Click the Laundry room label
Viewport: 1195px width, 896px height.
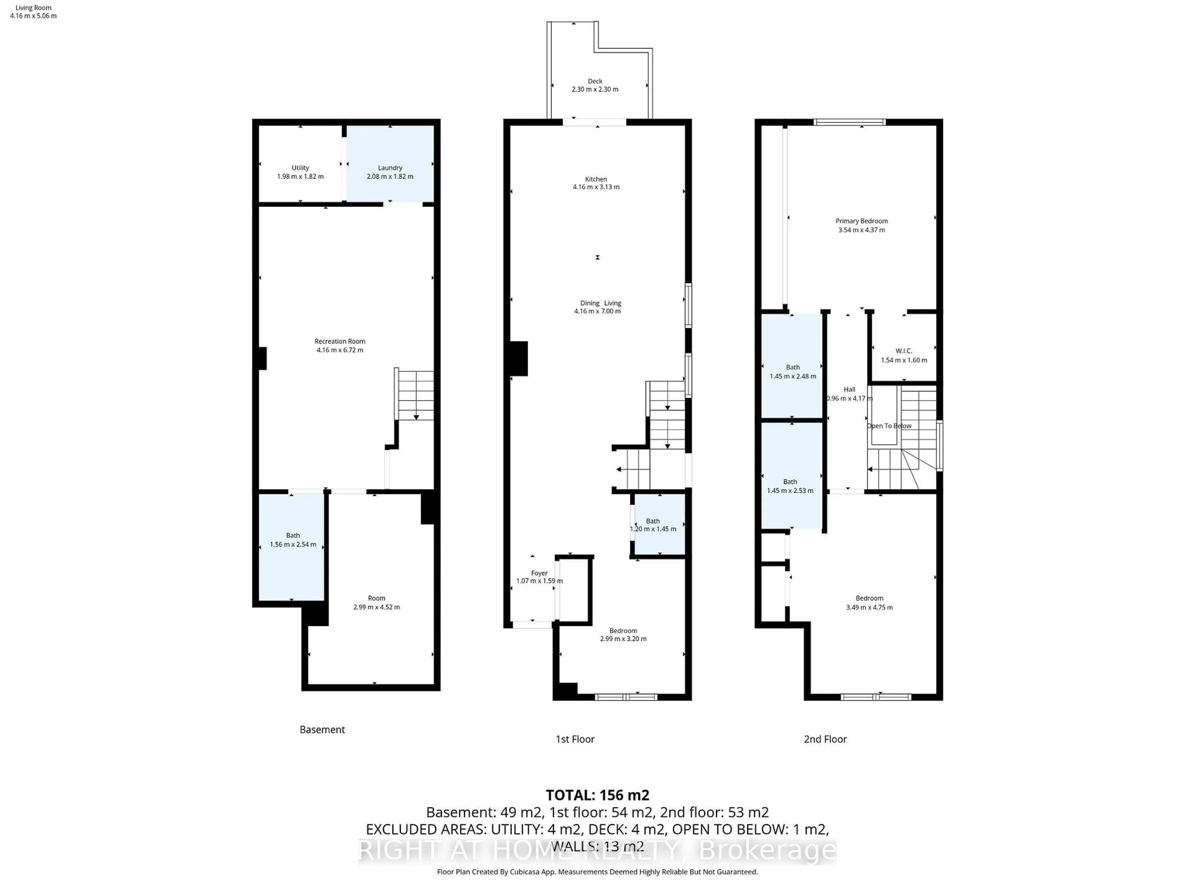coord(390,168)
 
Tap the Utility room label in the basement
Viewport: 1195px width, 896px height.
coord(300,168)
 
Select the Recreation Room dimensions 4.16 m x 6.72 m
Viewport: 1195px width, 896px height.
coord(340,350)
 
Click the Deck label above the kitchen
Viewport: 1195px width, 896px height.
coord(595,81)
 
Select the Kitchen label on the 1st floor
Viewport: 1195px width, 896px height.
coord(596,179)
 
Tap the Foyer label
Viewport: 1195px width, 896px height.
coord(539,573)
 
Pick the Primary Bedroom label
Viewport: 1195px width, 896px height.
coord(861,221)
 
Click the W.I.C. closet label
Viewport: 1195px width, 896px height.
coord(903,351)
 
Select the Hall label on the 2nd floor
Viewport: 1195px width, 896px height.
coord(849,390)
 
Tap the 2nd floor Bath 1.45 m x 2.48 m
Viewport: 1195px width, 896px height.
coord(793,371)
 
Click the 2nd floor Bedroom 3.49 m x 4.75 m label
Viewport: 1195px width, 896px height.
coord(869,598)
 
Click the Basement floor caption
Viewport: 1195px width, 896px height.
coord(322,730)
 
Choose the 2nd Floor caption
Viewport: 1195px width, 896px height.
coord(825,739)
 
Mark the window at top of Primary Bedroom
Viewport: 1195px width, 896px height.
coord(849,122)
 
